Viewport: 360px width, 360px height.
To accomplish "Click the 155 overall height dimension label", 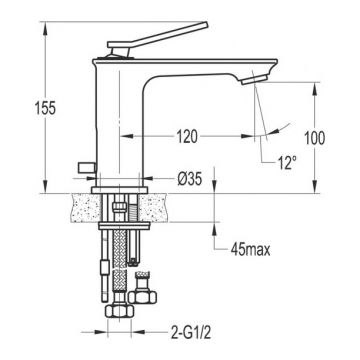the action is coord(46,108).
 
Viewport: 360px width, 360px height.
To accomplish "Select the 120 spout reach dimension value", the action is coord(187,137).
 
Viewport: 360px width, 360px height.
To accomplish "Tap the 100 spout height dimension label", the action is coord(315,138).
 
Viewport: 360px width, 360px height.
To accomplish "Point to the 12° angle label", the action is coord(287,164).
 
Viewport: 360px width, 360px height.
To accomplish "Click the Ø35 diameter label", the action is coord(189,180).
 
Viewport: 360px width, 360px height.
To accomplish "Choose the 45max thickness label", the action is coord(250,249).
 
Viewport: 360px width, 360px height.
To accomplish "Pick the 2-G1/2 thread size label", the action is coord(191,332).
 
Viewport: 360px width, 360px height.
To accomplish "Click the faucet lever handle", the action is coord(157,38).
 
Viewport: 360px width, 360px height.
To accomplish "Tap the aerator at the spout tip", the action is coord(255,80).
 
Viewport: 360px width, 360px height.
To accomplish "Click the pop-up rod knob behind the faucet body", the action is coord(87,168).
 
